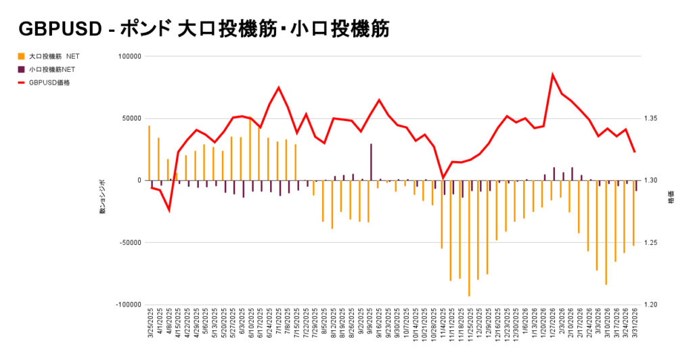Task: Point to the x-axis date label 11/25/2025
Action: pyautogui.click(x=470, y=328)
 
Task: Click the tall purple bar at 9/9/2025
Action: pyautogui.click(x=371, y=162)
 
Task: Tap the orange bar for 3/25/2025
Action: pyautogui.click(x=149, y=153)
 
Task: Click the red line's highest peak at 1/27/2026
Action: pyautogui.click(x=553, y=74)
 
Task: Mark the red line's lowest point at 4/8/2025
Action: pyautogui.click(x=169, y=210)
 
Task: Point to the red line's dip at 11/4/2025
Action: pyautogui.click(x=443, y=178)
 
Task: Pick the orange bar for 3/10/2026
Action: pyautogui.click(x=606, y=233)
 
